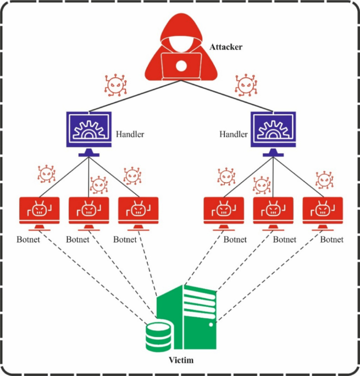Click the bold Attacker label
(226, 48)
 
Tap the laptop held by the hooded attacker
(180, 66)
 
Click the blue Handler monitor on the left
(88, 130)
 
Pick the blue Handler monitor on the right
(273, 130)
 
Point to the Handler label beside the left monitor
(130, 134)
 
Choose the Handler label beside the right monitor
(233, 134)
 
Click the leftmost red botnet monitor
(39, 210)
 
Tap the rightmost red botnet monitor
(323, 210)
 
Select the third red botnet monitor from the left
(139, 210)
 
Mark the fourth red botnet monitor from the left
(224, 210)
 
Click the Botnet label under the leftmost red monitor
(29, 239)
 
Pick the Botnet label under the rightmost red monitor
(332, 239)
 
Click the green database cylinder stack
(158, 336)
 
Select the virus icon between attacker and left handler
(115, 85)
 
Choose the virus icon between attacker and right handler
(246, 85)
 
